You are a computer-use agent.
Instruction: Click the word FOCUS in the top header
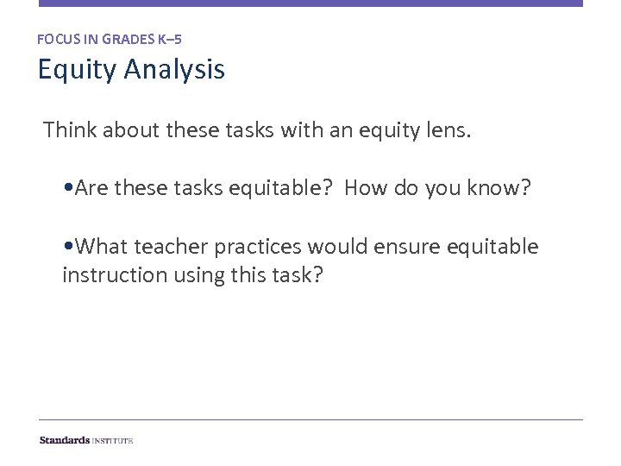click(56, 39)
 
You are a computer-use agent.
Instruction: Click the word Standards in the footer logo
click(65, 440)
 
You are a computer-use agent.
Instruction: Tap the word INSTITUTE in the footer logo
click(113, 440)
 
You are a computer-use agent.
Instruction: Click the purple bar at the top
click(310, 3)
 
